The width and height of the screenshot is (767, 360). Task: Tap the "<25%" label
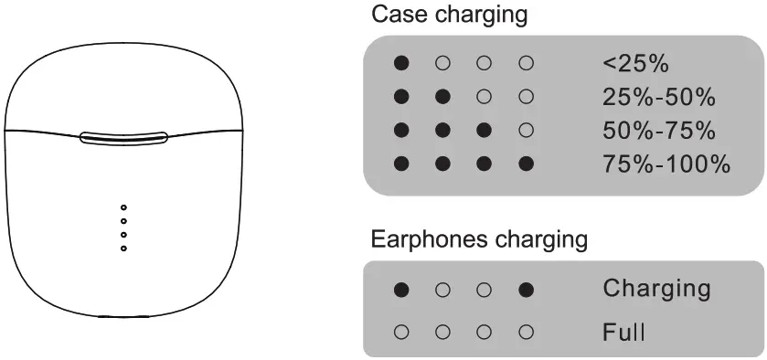click(636, 64)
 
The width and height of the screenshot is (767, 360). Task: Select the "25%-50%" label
click(659, 97)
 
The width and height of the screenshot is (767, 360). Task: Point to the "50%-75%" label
click(659, 131)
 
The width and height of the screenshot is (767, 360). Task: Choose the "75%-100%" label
click(666, 164)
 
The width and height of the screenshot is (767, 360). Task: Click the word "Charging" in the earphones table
click(656, 289)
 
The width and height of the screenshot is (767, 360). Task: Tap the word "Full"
click(623, 330)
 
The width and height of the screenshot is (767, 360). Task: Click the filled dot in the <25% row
click(400, 64)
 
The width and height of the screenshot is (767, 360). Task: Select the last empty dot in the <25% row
click(525, 64)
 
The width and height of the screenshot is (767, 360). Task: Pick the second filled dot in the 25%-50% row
click(442, 97)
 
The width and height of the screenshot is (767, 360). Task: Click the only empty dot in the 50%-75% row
click(525, 131)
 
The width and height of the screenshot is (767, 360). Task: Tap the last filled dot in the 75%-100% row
click(525, 164)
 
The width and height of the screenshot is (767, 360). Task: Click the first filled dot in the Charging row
click(400, 291)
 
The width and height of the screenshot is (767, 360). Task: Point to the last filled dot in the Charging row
click(525, 291)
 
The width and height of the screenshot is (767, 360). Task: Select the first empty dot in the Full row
click(400, 330)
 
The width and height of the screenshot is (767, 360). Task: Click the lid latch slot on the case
click(123, 138)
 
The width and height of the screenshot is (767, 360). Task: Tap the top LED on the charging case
click(123, 208)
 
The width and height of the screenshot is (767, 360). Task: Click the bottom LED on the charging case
click(123, 248)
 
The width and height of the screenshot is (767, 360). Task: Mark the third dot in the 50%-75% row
click(484, 131)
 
